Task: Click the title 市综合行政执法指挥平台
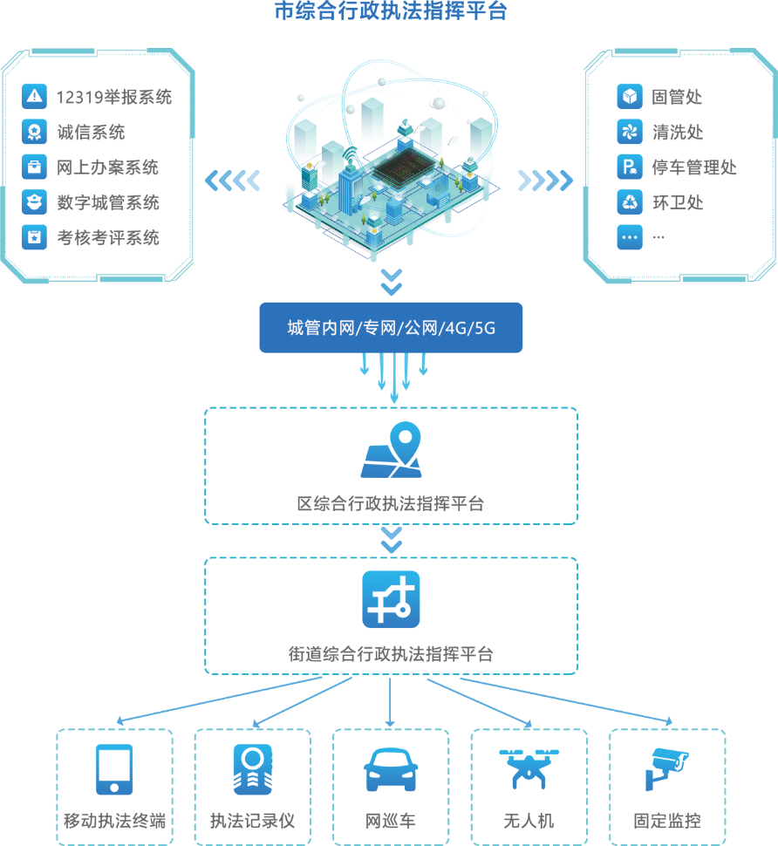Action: point(390,11)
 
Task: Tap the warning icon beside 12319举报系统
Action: point(34,97)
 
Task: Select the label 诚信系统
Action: point(91,133)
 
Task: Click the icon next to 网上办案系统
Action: point(34,167)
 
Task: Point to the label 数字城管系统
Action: point(108,202)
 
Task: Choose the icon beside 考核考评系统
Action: point(34,237)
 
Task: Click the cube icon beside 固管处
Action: point(629,97)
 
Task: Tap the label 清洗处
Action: point(677,133)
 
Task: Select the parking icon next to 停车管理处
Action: point(629,167)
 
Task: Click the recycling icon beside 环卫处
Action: point(629,202)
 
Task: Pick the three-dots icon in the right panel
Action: point(629,237)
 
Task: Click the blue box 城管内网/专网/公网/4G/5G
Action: point(391,328)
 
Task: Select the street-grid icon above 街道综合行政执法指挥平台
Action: point(391,599)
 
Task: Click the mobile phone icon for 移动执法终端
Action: point(114,769)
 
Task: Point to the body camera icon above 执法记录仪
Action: point(253,769)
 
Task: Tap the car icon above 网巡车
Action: point(390,770)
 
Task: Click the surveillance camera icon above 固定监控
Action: point(666,768)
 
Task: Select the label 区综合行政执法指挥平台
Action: point(390,504)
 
